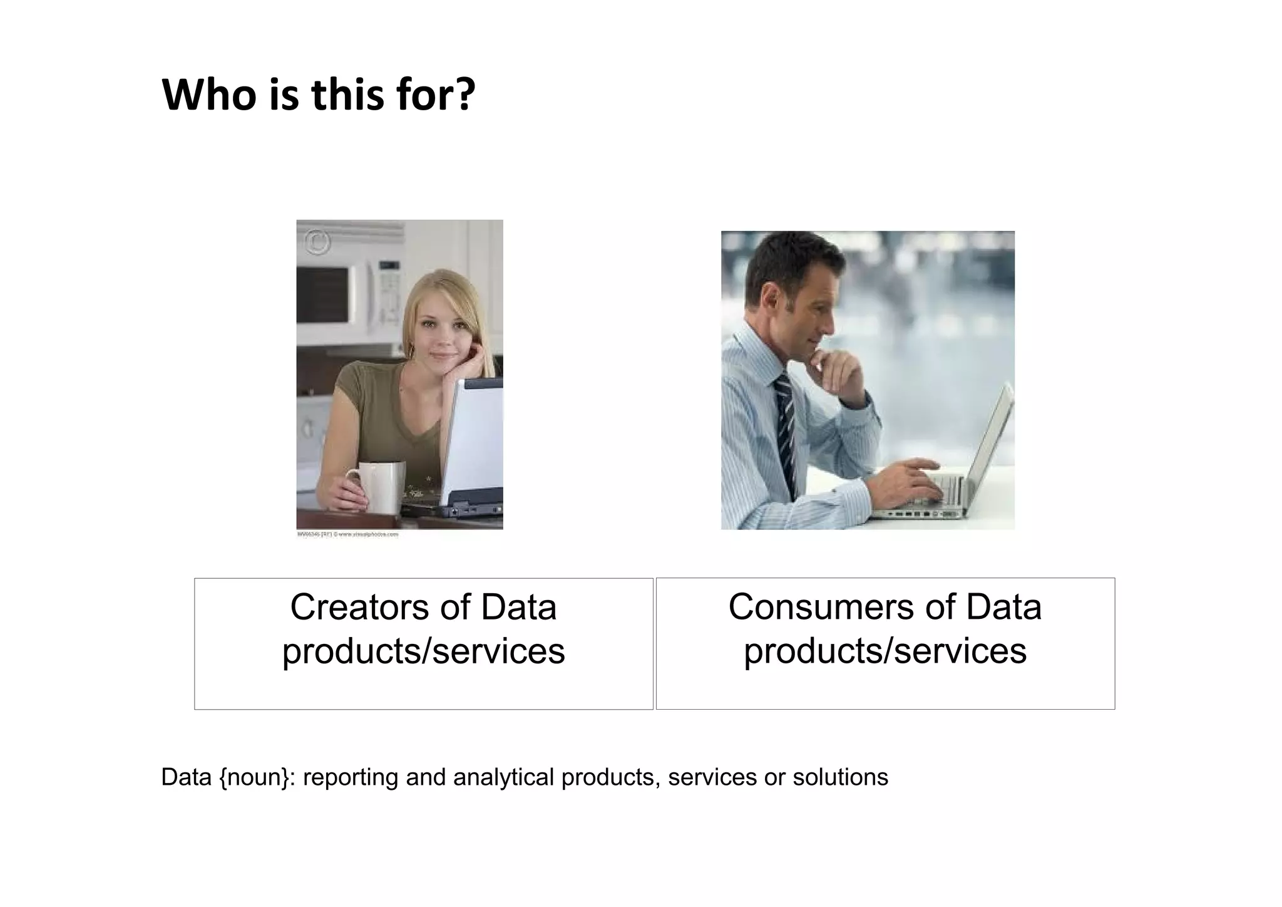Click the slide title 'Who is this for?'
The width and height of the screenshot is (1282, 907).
tap(318, 95)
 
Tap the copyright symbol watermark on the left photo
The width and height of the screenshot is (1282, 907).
tap(317, 242)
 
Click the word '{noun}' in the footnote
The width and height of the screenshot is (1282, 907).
tap(257, 777)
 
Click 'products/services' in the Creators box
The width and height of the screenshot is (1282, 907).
tap(423, 651)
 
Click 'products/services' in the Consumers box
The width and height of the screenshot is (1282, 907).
tap(885, 651)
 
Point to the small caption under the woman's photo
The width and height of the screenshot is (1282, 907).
tap(347, 535)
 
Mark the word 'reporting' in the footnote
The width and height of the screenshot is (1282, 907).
tap(351, 777)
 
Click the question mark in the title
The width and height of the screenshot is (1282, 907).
tap(463, 95)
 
